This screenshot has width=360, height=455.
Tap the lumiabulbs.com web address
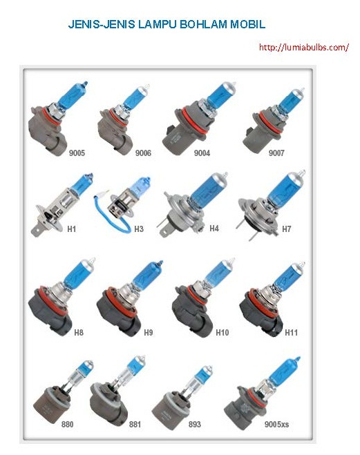pyautogui.click(x=303, y=47)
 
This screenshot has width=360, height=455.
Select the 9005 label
pyautogui.click(x=77, y=153)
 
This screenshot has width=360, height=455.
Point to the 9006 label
pyautogui.click(x=143, y=153)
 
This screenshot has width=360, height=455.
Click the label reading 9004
pyautogui.click(x=202, y=153)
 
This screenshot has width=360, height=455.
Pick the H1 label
pyautogui.click(x=71, y=229)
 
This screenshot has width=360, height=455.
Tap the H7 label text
pyautogui.click(x=286, y=229)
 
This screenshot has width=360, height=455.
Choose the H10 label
pyautogui.click(x=222, y=332)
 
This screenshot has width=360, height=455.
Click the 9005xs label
pyautogui.click(x=276, y=424)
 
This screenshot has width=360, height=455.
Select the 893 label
pyautogui.click(x=195, y=424)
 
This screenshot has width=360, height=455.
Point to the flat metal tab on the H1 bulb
pyautogui.click(x=36, y=231)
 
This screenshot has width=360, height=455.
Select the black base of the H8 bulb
pyautogui.click(x=49, y=315)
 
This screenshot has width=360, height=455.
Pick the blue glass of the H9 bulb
pyautogui.click(x=147, y=275)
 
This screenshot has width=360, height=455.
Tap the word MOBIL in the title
pyautogui.click(x=247, y=24)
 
